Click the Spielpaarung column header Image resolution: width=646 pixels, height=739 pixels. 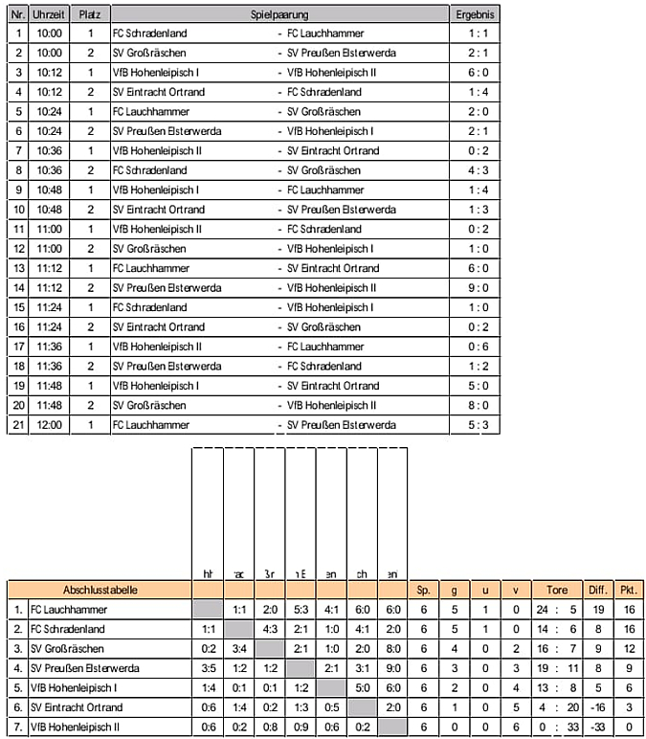point(278,16)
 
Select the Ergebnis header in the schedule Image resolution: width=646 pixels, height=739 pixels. point(476,16)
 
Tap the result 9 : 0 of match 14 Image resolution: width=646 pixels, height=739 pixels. point(476,287)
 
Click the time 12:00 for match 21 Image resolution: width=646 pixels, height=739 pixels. point(49,424)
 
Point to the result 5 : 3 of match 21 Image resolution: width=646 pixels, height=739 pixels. point(476,424)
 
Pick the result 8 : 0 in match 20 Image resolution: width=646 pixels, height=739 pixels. point(476,405)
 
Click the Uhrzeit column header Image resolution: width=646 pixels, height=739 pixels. point(49,16)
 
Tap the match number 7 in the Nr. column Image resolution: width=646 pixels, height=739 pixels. point(18,150)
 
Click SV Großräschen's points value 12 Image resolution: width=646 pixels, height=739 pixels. point(629,649)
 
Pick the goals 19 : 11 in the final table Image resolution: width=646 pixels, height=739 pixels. point(556,668)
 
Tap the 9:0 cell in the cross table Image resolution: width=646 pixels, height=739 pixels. point(392,668)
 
